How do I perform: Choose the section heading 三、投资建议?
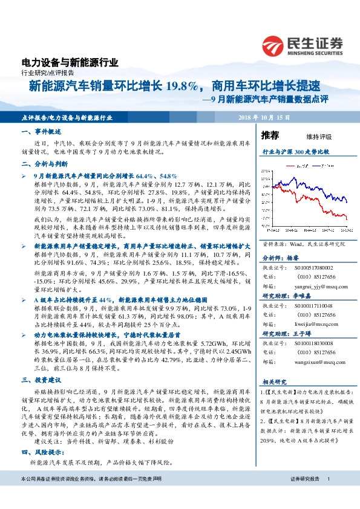41,380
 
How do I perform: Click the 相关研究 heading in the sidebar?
275,382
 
